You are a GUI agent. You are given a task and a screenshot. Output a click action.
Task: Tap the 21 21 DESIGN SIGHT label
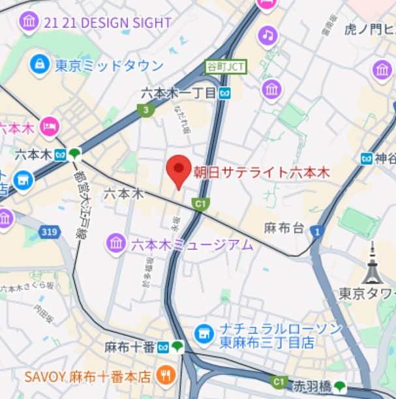[107, 22]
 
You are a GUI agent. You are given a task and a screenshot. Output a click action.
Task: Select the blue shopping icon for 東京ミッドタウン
[40, 64]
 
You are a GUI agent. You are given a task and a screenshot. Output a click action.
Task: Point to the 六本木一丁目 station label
[178, 93]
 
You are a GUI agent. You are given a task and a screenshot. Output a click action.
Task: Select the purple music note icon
[267, 35]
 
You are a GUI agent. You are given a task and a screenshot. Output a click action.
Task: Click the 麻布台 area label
[284, 228]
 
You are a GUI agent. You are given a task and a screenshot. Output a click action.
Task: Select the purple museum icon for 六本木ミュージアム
[116, 244]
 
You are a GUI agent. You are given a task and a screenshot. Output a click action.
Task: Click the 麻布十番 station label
[129, 347]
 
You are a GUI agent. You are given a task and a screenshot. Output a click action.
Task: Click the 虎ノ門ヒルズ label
[369, 29]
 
